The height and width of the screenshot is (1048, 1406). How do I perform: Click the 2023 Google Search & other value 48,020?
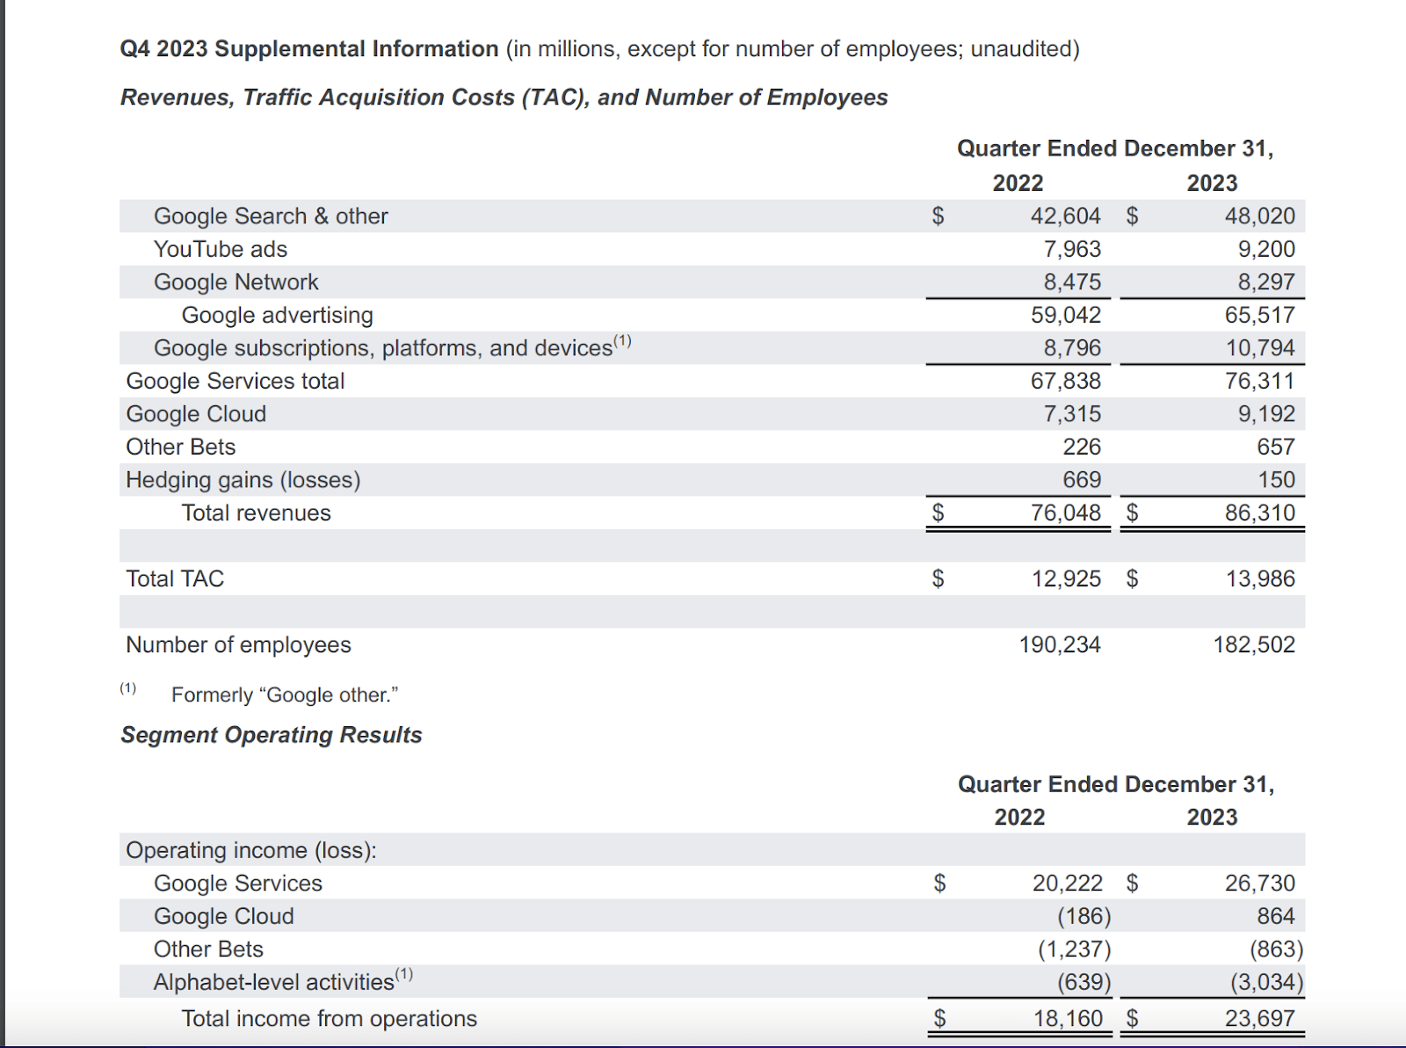pos(1259,216)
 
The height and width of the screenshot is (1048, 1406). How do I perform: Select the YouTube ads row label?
pos(221,250)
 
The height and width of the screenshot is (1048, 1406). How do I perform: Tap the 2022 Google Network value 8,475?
pos(1071,282)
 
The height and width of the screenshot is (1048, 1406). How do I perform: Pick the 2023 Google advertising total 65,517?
pos(1259,316)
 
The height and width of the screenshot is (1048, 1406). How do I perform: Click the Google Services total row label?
pos(236,382)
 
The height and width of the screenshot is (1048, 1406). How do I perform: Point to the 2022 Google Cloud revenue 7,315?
pos(1071,414)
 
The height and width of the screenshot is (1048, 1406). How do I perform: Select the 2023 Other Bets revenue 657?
pos(1275,448)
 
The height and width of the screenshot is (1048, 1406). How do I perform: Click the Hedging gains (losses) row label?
pos(243,480)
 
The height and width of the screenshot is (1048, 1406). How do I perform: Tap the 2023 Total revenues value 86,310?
pos(1259,513)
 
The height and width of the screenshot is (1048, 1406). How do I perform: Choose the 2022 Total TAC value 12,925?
pos(1065,579)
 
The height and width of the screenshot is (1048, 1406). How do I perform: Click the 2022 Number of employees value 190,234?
pos(1059,645)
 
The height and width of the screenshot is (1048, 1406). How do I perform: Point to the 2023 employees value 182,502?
pos(1254,645)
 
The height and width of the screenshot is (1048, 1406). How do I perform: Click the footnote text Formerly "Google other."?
pos(285,695)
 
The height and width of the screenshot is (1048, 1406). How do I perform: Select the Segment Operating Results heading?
pos(272,735)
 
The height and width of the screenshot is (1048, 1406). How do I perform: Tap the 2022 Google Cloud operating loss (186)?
pos(1083,917)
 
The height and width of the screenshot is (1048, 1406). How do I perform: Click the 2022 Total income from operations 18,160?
pos(1067,1019)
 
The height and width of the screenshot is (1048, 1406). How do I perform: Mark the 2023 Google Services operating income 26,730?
pos(1259,884)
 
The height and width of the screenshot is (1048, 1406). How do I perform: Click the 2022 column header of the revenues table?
pos(1018,183)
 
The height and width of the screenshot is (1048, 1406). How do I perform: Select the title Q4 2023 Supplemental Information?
pos(309,49)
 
